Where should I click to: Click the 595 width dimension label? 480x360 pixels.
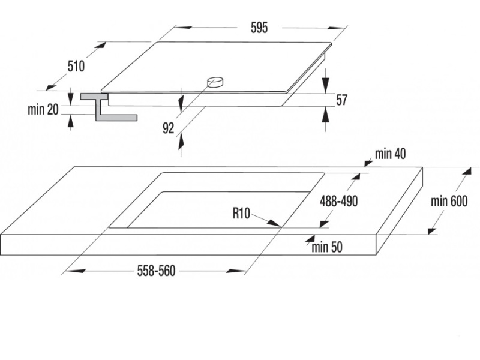pyautogui.click(x=259, y=28)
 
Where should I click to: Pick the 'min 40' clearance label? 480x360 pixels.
pyautogui.click(x=391, y=154)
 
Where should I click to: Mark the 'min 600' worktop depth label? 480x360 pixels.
pyautogui.click(x=449, y=202)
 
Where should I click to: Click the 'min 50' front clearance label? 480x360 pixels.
pyautogui.click(x=327, y=247)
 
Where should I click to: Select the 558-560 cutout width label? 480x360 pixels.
pyautogui.click(x=156, y=271)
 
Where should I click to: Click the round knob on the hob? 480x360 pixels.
pyautogui.click(x=214, y=82)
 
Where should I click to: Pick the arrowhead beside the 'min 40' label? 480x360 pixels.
pyautogui.click(x=367, y=161)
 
